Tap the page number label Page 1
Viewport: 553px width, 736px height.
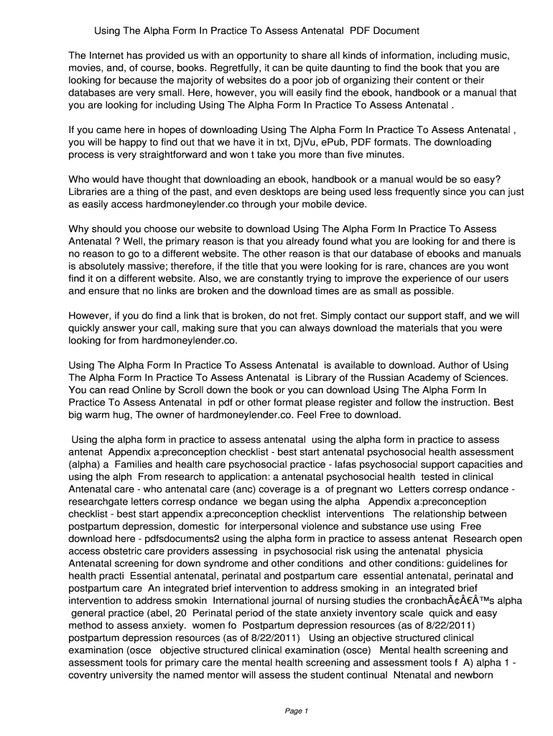(296, 711)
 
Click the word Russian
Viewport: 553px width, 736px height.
(386, 377)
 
